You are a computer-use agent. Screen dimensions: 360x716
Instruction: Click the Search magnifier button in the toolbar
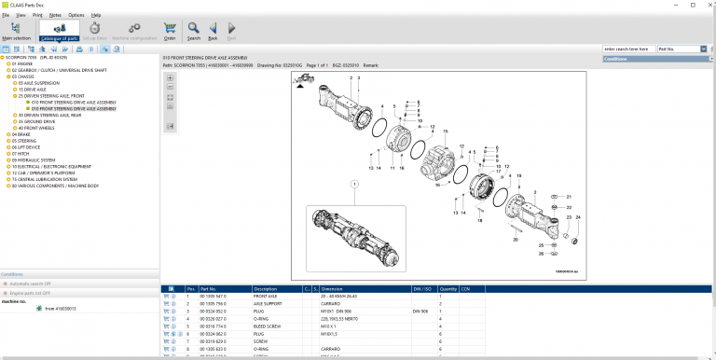193,31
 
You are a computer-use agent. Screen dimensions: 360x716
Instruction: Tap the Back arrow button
213,31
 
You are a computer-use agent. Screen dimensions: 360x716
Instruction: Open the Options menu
76,16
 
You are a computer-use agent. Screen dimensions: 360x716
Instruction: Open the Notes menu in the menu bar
55,16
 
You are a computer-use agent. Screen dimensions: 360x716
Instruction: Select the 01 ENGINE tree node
23,62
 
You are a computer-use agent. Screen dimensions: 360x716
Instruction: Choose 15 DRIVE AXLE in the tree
34,89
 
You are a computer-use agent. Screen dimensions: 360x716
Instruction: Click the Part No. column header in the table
211,289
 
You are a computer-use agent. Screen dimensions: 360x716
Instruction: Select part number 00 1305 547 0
213,297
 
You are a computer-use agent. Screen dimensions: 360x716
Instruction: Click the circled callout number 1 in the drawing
354,186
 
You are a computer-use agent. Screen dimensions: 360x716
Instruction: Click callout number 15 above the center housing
446,132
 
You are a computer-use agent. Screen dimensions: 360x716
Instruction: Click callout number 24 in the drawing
577,217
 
